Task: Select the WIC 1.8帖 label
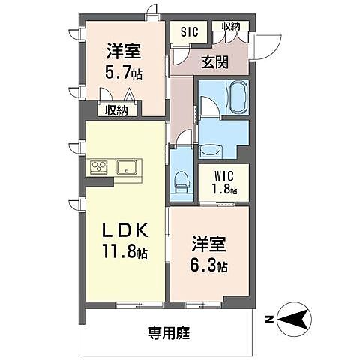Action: click(223, 184)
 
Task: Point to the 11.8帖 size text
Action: click(125, 251)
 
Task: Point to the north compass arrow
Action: click(292, 319)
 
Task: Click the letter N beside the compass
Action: click(268, 319)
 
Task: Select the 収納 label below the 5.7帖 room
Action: click(116, 110)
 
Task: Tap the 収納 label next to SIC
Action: click(231, 28)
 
